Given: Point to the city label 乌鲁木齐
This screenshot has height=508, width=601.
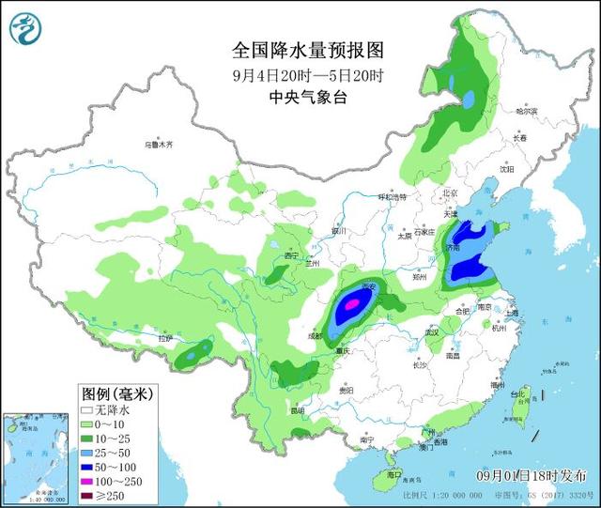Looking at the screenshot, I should pyautogui.click(x=160, y=146).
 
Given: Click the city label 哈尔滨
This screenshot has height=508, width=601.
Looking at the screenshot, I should pyautogui.click(x=528, y=111).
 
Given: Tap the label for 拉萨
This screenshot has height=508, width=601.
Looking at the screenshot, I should pyautogui.click(x=166, y=338).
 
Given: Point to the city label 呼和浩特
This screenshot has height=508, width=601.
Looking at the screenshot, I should pyautogui.click(x=393, y=197).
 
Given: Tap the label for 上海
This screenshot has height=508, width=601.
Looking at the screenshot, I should pyautogui.click(x=512, y=313).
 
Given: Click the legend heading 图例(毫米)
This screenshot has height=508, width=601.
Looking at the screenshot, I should pyautogui.click(x=116, y=393).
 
